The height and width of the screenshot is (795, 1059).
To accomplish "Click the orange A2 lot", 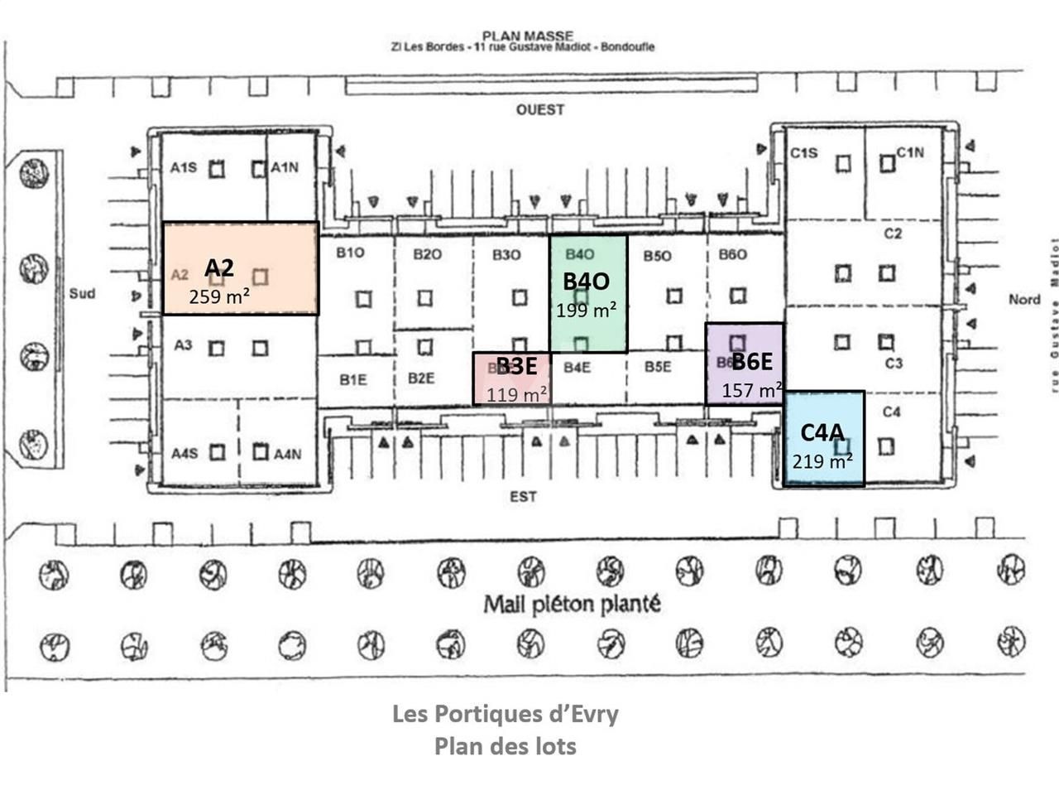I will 240,268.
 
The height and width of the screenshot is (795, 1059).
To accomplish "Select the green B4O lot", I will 588,294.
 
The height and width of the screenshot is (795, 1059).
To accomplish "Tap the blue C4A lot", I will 824,439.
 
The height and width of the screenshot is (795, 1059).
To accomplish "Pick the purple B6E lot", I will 745,364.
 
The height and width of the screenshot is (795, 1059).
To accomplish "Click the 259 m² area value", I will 219,296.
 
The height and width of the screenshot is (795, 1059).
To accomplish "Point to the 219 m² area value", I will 823,462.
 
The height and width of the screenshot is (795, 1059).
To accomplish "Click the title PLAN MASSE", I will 527,36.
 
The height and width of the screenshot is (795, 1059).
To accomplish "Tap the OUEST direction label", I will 540,109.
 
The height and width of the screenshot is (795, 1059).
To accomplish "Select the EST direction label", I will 523,496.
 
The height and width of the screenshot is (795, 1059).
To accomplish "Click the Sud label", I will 82,293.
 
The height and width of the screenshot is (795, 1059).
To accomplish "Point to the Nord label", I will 1023,299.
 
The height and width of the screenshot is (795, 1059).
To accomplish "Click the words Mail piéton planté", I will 572,605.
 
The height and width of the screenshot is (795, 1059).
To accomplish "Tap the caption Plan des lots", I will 506,745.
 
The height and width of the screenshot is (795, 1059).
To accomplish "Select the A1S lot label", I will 183,168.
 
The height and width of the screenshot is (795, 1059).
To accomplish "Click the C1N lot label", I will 910,152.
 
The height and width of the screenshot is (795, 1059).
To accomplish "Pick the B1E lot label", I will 352,378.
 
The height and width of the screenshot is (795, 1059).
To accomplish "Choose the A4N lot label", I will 287,453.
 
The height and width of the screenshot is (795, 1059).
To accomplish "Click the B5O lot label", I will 657,256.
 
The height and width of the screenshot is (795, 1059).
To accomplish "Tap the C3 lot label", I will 894,363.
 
